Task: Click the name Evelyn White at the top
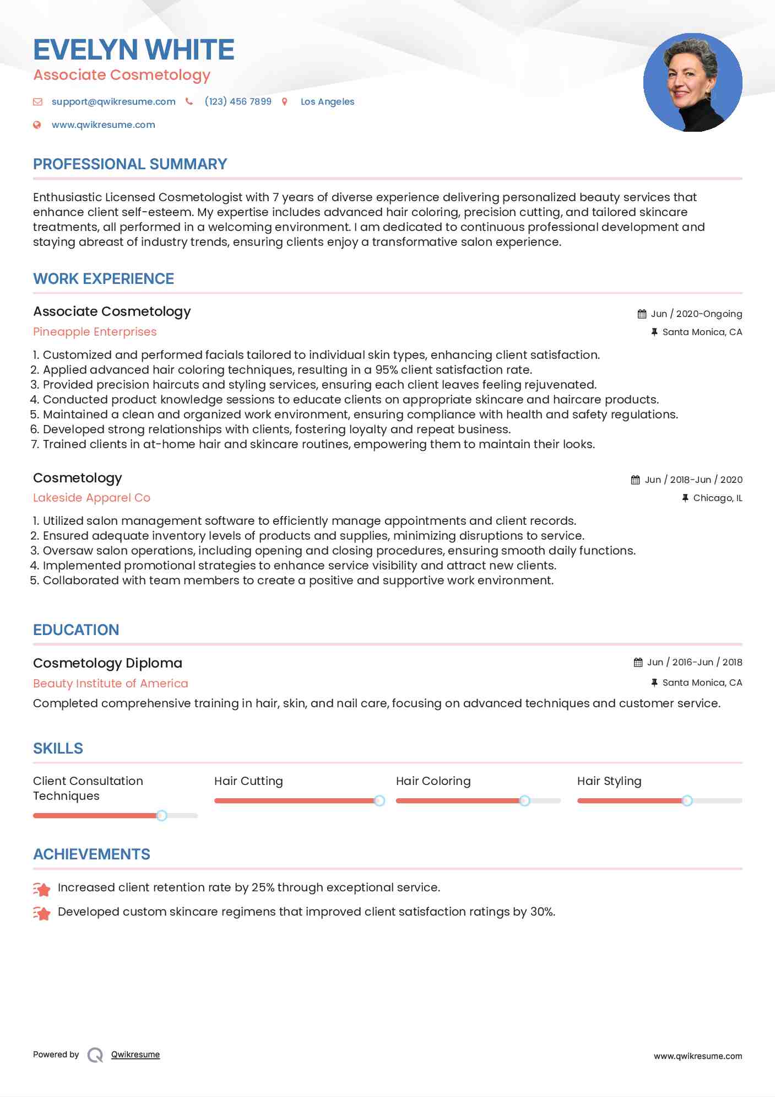point(134,50)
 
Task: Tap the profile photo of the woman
point(692,83)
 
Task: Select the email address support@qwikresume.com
point(113,101)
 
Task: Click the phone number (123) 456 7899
point(238,101)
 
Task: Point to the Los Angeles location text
point(327,101)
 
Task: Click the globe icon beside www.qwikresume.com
point(37,125)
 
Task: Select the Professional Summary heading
point(130,164)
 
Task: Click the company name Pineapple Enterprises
point(95,332)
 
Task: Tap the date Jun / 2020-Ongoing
point(696,314)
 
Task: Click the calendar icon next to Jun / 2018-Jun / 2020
point(635,480)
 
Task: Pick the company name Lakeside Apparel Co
point(91,498)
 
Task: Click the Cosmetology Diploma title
point(107,663)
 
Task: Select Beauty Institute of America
point(110,684)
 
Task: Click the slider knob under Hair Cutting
point(380,800)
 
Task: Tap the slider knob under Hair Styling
point(687,800)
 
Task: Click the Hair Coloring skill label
point(433,781)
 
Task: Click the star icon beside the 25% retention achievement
point(42,889)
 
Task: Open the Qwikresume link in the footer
point(136,1055)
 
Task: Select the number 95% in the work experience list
point(386,370)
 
